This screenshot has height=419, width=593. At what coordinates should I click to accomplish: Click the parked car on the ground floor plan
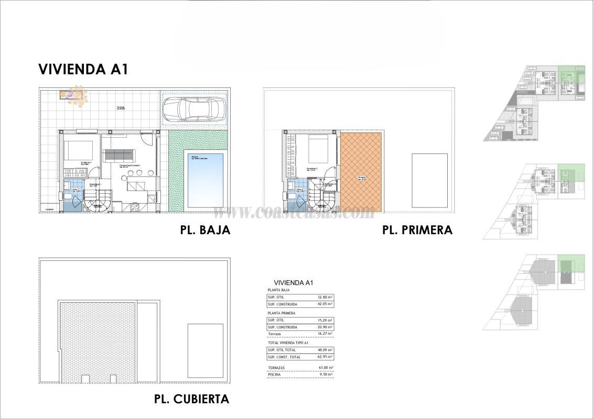click(194, 109)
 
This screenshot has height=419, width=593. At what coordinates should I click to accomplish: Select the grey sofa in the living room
click(119, 156)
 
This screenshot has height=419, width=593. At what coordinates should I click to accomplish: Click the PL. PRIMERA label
click(417, 230)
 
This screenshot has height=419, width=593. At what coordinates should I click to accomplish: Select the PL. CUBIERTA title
click(191, 399)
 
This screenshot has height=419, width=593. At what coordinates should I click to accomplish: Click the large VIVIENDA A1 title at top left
click(83, 70)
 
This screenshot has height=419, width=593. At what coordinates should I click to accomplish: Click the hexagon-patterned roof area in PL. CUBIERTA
click(96, 341)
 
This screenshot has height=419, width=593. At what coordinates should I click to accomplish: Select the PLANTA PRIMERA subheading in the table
click(282, 313)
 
